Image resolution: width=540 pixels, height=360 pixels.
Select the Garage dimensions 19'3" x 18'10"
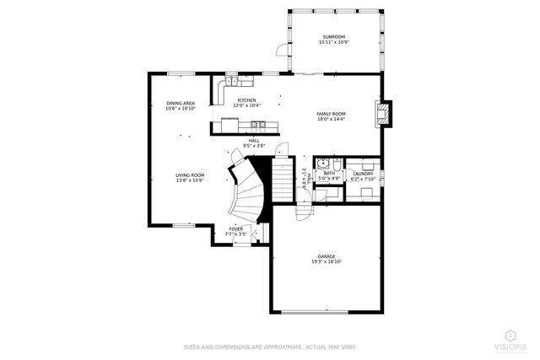pos(326,261)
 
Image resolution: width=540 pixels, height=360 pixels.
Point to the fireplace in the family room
pos(384,115)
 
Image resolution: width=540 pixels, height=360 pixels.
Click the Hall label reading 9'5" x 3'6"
pos(253,143)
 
